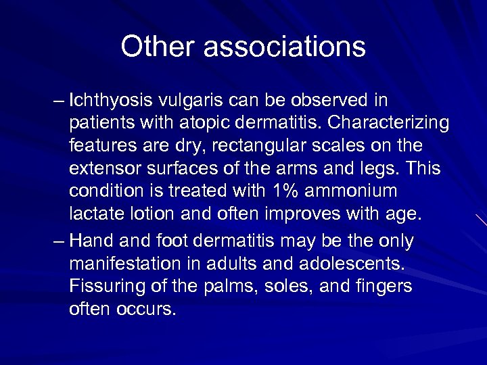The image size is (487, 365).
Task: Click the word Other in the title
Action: coord(156,47)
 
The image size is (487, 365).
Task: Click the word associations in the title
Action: coord(284,47)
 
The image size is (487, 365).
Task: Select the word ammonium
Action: coord(352,191)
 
